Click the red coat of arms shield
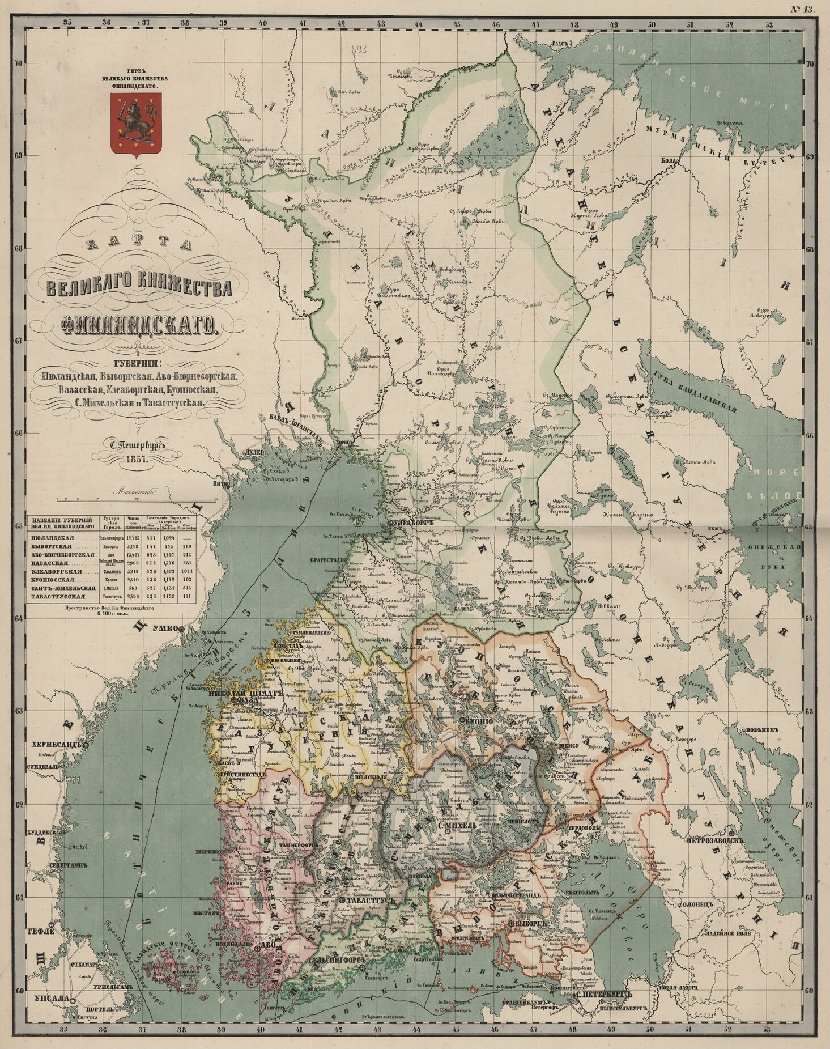pyautogui.click(x=134, y=125)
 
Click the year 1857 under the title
pyautogui.click(x=137, y=458)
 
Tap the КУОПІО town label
pyautogui.click(x=481, y=719)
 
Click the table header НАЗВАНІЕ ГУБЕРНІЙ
pyautogui.click(x=62, y=520)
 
